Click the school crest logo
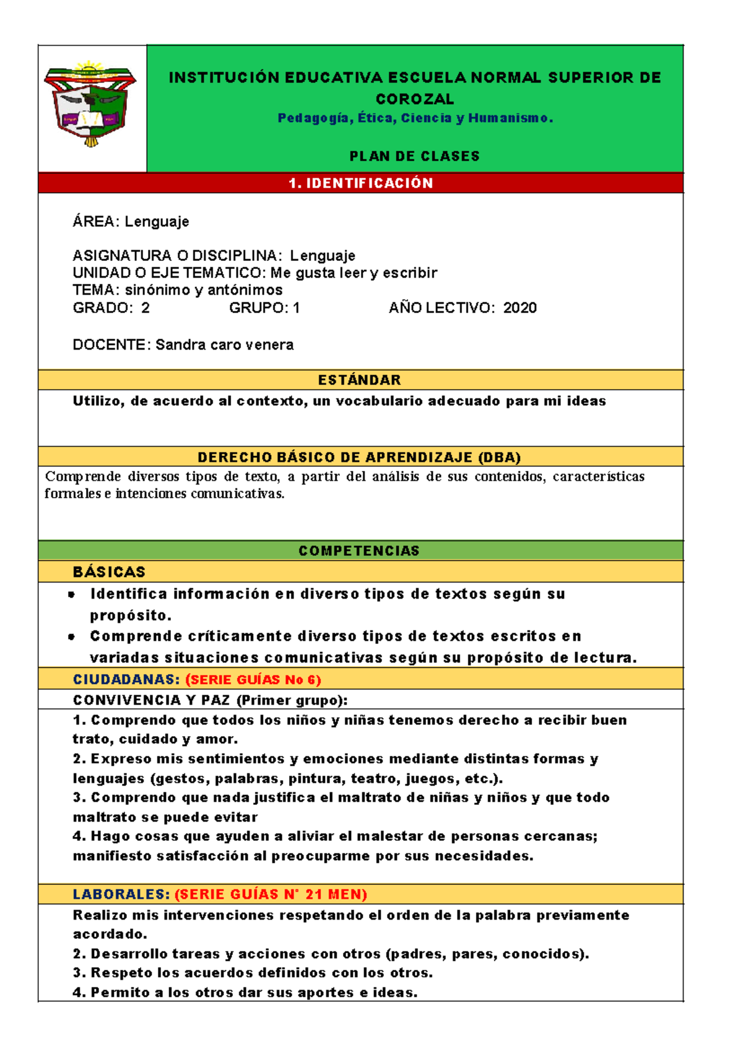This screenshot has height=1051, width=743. click(x=90, y=104)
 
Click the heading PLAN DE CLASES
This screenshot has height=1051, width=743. click(x=414, y=156)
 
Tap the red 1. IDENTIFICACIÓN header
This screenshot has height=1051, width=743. click(x=360, y=183)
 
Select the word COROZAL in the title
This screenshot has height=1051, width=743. click(x=414, y=99)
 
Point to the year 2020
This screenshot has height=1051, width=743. click(x=519, y=308)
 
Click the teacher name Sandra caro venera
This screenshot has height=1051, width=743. click(x=224, y=345)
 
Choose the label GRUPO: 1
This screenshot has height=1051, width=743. click(x=264, y=308)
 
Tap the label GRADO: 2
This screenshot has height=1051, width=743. click(x=111, y=308)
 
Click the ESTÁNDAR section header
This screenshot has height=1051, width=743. click(x=359, y=380)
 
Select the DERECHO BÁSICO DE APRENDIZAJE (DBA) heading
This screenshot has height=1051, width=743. click(x=359, y=457)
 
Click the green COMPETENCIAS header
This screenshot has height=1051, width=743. click(x=359, y=551)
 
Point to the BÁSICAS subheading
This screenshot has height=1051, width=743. click(x=109, y=572)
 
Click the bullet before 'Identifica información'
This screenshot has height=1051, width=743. click(x=72, y=594)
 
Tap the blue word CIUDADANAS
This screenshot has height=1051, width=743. click(x=126, y=680)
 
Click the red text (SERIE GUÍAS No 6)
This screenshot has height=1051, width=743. click(x=253, y=680)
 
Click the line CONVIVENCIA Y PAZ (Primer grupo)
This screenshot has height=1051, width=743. click(x=210, y=700)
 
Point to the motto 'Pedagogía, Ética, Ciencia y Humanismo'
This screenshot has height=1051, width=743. click(x=414, y=118)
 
